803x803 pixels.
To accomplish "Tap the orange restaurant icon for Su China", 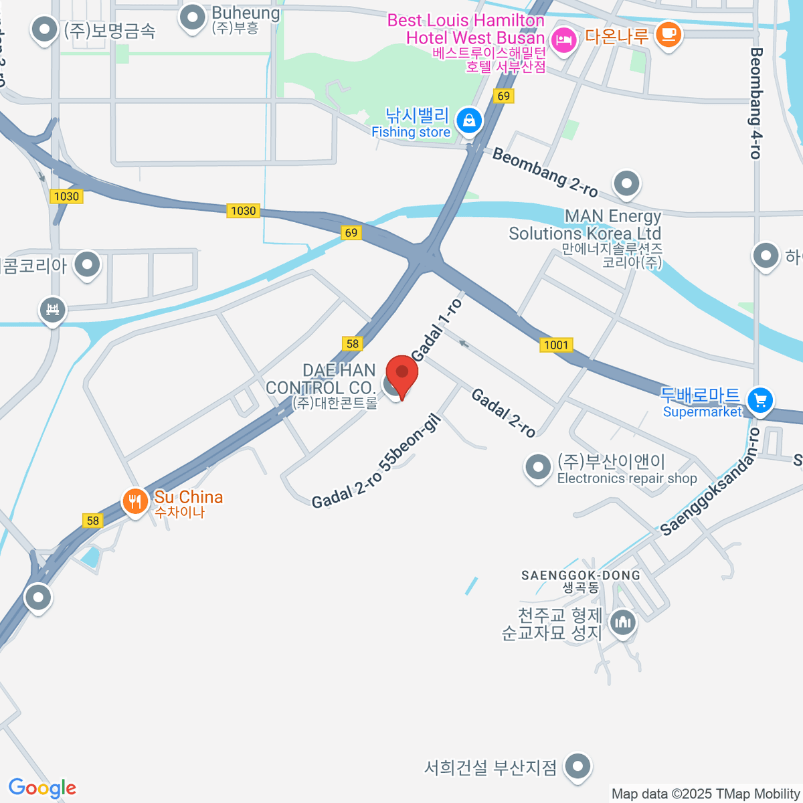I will (135, 501).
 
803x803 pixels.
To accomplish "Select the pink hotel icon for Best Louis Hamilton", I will (563, 40).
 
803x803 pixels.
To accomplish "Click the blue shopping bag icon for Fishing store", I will (469, 121).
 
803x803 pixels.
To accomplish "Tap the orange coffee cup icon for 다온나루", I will (668, 33).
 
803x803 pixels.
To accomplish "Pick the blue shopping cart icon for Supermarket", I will (760, 401).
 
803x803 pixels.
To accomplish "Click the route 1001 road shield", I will (556, 345).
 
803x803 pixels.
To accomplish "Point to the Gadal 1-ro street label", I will (436, 330).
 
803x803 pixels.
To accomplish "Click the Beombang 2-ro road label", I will (545, 172).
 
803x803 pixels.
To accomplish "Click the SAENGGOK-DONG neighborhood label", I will (581, 575).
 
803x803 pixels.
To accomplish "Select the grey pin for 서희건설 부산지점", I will (578, 766).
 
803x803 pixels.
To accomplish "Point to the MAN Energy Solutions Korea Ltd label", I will (585, 226).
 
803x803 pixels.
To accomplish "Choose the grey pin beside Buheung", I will (193, 17).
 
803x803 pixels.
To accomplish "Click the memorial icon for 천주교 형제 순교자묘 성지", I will (624, 622).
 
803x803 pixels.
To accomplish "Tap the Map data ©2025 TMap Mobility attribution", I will (706, 794).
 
